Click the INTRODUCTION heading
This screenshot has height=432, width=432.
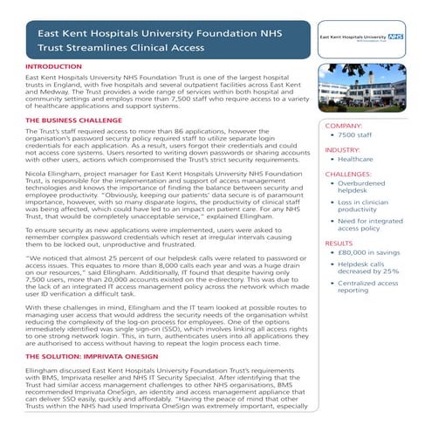[55, 66]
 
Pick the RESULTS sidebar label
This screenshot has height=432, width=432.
[339, 243]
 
